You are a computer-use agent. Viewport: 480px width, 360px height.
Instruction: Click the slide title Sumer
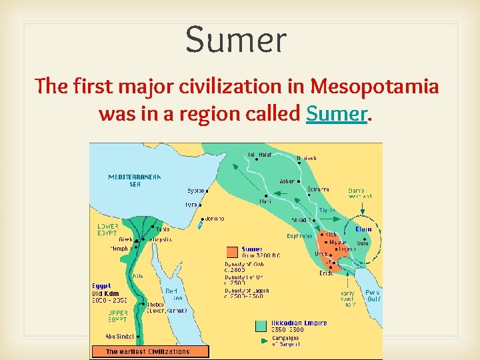[235, 39]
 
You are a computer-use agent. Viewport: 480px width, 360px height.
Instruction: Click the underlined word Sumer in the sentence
[337, 114]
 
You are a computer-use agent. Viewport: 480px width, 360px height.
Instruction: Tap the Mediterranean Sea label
[135, 180]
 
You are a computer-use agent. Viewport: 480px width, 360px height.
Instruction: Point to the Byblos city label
[195, 189]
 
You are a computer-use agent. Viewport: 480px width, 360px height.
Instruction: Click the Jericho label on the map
[214, 218]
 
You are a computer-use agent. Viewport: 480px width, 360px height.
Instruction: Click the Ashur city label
[287, 181]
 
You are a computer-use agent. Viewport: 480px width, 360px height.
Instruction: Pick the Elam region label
[363, 229]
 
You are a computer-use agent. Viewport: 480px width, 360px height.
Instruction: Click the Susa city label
[364, 244]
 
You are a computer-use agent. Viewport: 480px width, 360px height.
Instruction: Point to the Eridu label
[326, 273]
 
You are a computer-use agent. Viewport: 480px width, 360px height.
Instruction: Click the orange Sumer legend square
[232, 252]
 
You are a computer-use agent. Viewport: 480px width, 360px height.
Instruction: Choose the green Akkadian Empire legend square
[262, 326]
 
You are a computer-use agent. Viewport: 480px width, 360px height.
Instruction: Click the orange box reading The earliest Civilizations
[149, 351]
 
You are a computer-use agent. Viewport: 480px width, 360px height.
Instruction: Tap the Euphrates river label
[299, 236]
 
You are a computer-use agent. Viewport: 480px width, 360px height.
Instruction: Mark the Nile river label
[138, 275]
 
